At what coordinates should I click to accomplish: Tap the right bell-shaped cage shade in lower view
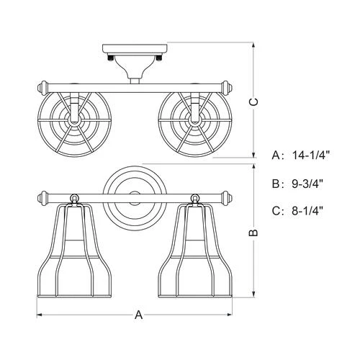[x=194, y=248]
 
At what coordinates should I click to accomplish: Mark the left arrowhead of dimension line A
[x=40, y=315]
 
